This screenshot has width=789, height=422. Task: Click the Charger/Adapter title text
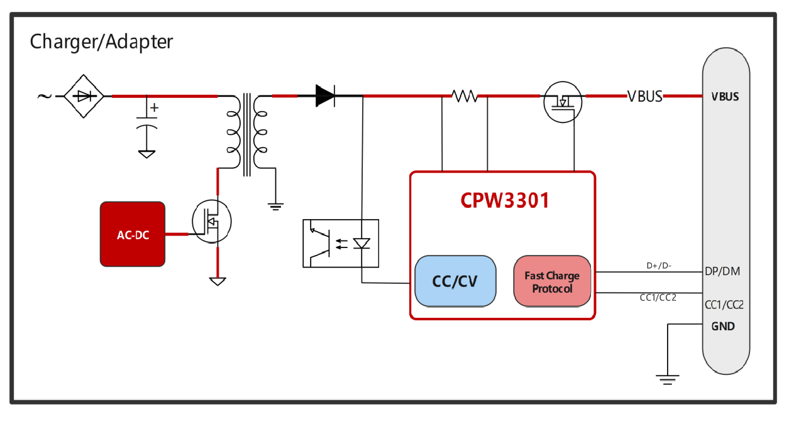101,42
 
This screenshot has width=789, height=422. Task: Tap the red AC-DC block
133,234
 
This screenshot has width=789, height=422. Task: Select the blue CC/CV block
455,281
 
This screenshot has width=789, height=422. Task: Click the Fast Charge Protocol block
552,282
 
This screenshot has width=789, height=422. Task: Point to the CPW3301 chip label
505,200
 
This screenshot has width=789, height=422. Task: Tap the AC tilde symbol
44,96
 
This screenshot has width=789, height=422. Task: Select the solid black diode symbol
325,96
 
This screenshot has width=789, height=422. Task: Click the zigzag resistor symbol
465,96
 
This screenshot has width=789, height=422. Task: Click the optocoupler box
340,243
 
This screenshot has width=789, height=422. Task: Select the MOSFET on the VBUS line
563,100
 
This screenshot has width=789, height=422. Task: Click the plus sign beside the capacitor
154,107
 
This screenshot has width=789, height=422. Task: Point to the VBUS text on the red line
644,97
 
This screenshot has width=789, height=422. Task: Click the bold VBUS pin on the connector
725,97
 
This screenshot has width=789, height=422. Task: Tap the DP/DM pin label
722,271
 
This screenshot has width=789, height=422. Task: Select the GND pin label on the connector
723,327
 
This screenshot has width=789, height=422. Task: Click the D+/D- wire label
659,266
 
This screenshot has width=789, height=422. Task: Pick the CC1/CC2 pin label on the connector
724,305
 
